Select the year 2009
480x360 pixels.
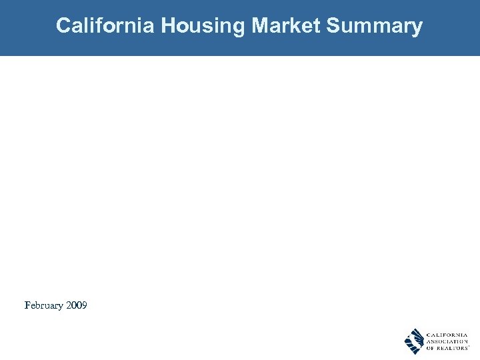[x=77, y=305]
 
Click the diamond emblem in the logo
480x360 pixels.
[x=414, y=341]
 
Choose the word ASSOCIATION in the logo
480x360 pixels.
[x=446, y=341]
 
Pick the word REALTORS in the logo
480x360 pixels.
[x=453, y=349]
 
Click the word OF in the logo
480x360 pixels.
[x=430, y=349]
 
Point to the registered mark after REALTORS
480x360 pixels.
[x=469, y=347]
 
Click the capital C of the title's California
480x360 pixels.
[x=63, y=26]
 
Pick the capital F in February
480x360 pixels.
[x=27, y=305]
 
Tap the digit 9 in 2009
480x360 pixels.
[x=84, y=305]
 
